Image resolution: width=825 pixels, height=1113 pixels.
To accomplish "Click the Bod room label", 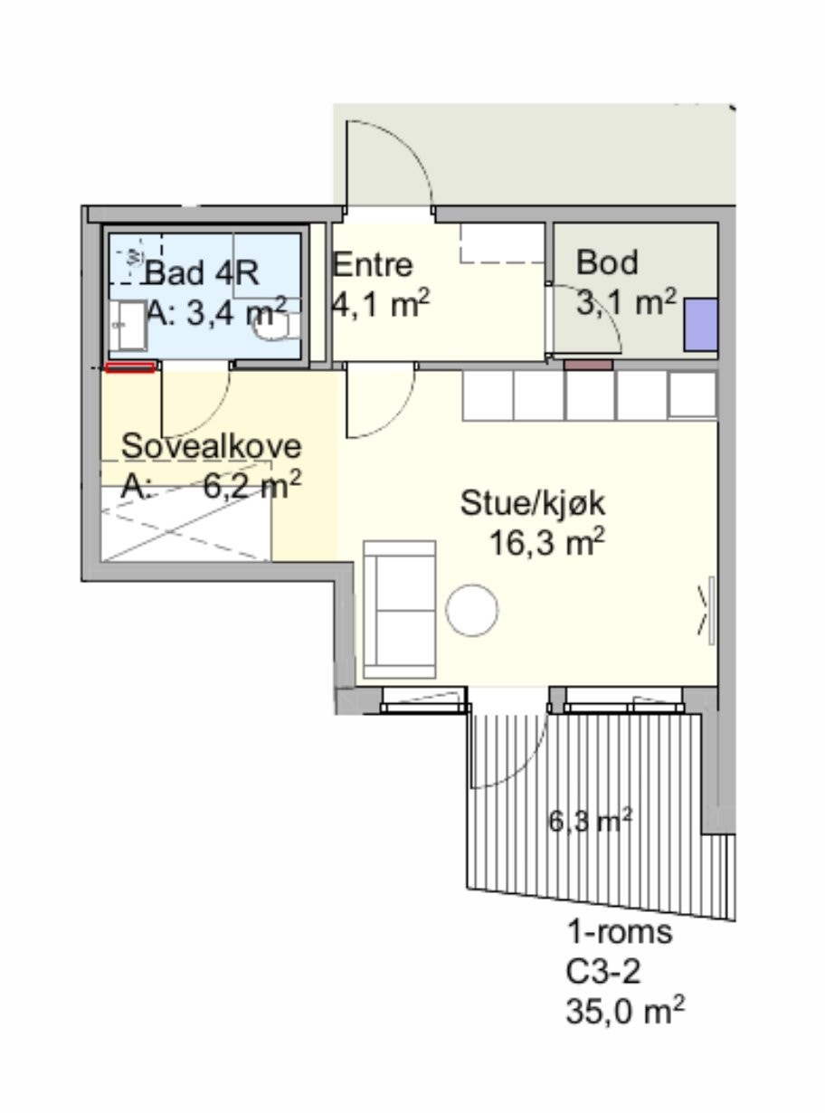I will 607,262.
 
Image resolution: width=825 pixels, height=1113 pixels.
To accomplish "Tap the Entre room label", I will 373,265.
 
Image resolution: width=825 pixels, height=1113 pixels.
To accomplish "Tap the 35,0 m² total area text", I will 624,1010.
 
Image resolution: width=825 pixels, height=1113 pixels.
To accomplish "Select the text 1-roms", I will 620,932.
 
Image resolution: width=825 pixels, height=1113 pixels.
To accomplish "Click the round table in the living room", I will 472,609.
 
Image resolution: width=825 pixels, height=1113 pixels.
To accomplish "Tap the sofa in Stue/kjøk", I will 399,610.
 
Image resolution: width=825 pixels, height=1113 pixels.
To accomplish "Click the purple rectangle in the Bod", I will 701,324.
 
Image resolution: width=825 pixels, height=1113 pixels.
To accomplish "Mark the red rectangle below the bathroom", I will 129,367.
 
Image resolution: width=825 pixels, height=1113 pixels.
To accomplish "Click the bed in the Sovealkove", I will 186,525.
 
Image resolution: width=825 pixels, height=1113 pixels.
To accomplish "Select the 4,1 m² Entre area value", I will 380,304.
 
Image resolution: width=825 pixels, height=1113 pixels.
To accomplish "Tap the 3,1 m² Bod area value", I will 626,301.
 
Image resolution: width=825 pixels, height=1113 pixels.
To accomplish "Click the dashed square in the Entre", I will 502,243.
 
